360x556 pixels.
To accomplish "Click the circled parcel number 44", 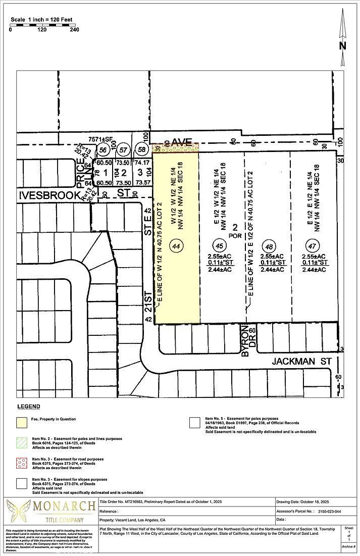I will (x=176, y=246).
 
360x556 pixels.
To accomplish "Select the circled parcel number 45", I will (x=219, y=246).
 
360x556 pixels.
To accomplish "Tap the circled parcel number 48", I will (x=269, y=246).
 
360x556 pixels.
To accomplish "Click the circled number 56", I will (x=103, y=150).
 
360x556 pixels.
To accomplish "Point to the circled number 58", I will (x=141, y=150).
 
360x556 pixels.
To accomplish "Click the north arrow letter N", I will (x=343, y=45).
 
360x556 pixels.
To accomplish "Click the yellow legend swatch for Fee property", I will (x=22, y=421).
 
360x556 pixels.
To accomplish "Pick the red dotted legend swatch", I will (x=22, y=464).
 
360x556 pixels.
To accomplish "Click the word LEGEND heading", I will (x=28, y=407).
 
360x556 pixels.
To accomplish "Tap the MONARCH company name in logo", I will (x=64, y=506).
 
